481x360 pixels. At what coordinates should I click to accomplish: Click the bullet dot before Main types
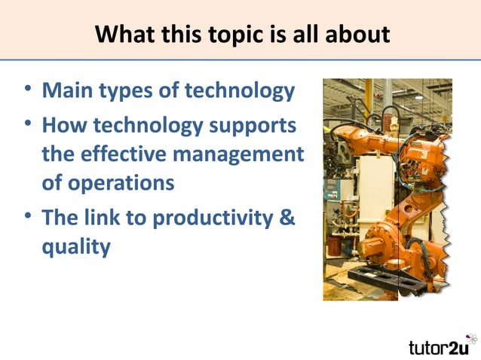point(27,91)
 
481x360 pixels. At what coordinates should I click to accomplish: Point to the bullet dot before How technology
point(27,124)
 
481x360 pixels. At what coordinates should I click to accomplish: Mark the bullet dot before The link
point(27,217)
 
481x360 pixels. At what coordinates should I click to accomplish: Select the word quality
point(75,248)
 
